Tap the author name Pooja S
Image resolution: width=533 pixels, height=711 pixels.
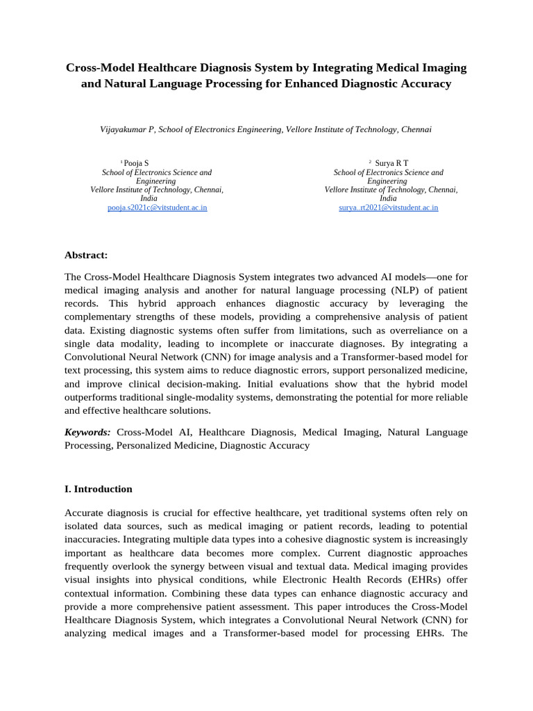(136, 163)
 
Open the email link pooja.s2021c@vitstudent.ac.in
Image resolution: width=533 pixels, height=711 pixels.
(157, 208)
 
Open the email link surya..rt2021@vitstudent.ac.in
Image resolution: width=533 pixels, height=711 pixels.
(388, 208)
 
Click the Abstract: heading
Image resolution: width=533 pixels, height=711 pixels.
(86, 256)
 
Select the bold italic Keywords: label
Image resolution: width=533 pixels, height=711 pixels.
(87, 432)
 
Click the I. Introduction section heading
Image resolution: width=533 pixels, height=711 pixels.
(98, 489)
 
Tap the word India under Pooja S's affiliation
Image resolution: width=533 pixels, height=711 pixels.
(149, 199)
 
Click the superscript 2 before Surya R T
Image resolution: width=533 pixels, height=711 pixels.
(370, 162)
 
